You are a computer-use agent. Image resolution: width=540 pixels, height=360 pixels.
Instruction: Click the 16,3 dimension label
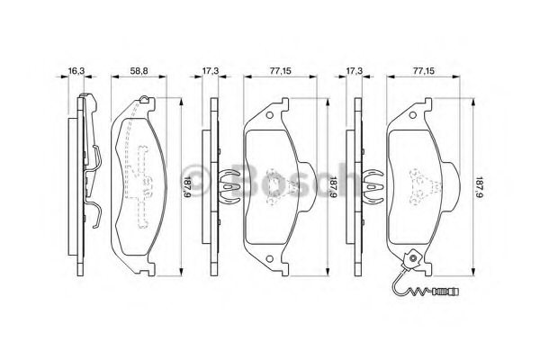tap(76, 71)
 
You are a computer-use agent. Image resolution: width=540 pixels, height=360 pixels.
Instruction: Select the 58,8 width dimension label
tap(139, 71)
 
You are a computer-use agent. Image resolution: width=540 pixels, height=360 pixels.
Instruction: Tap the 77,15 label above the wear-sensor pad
tap(424, 71)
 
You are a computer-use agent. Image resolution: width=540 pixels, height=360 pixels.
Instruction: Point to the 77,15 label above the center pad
tap(280, 71)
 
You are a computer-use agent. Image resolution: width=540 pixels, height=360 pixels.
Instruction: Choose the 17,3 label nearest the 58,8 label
tap(211, 71)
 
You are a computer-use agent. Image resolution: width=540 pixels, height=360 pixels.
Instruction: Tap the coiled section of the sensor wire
tap(422, 292)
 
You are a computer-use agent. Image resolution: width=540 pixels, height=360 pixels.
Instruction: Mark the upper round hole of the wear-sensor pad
tap(413, 116)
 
